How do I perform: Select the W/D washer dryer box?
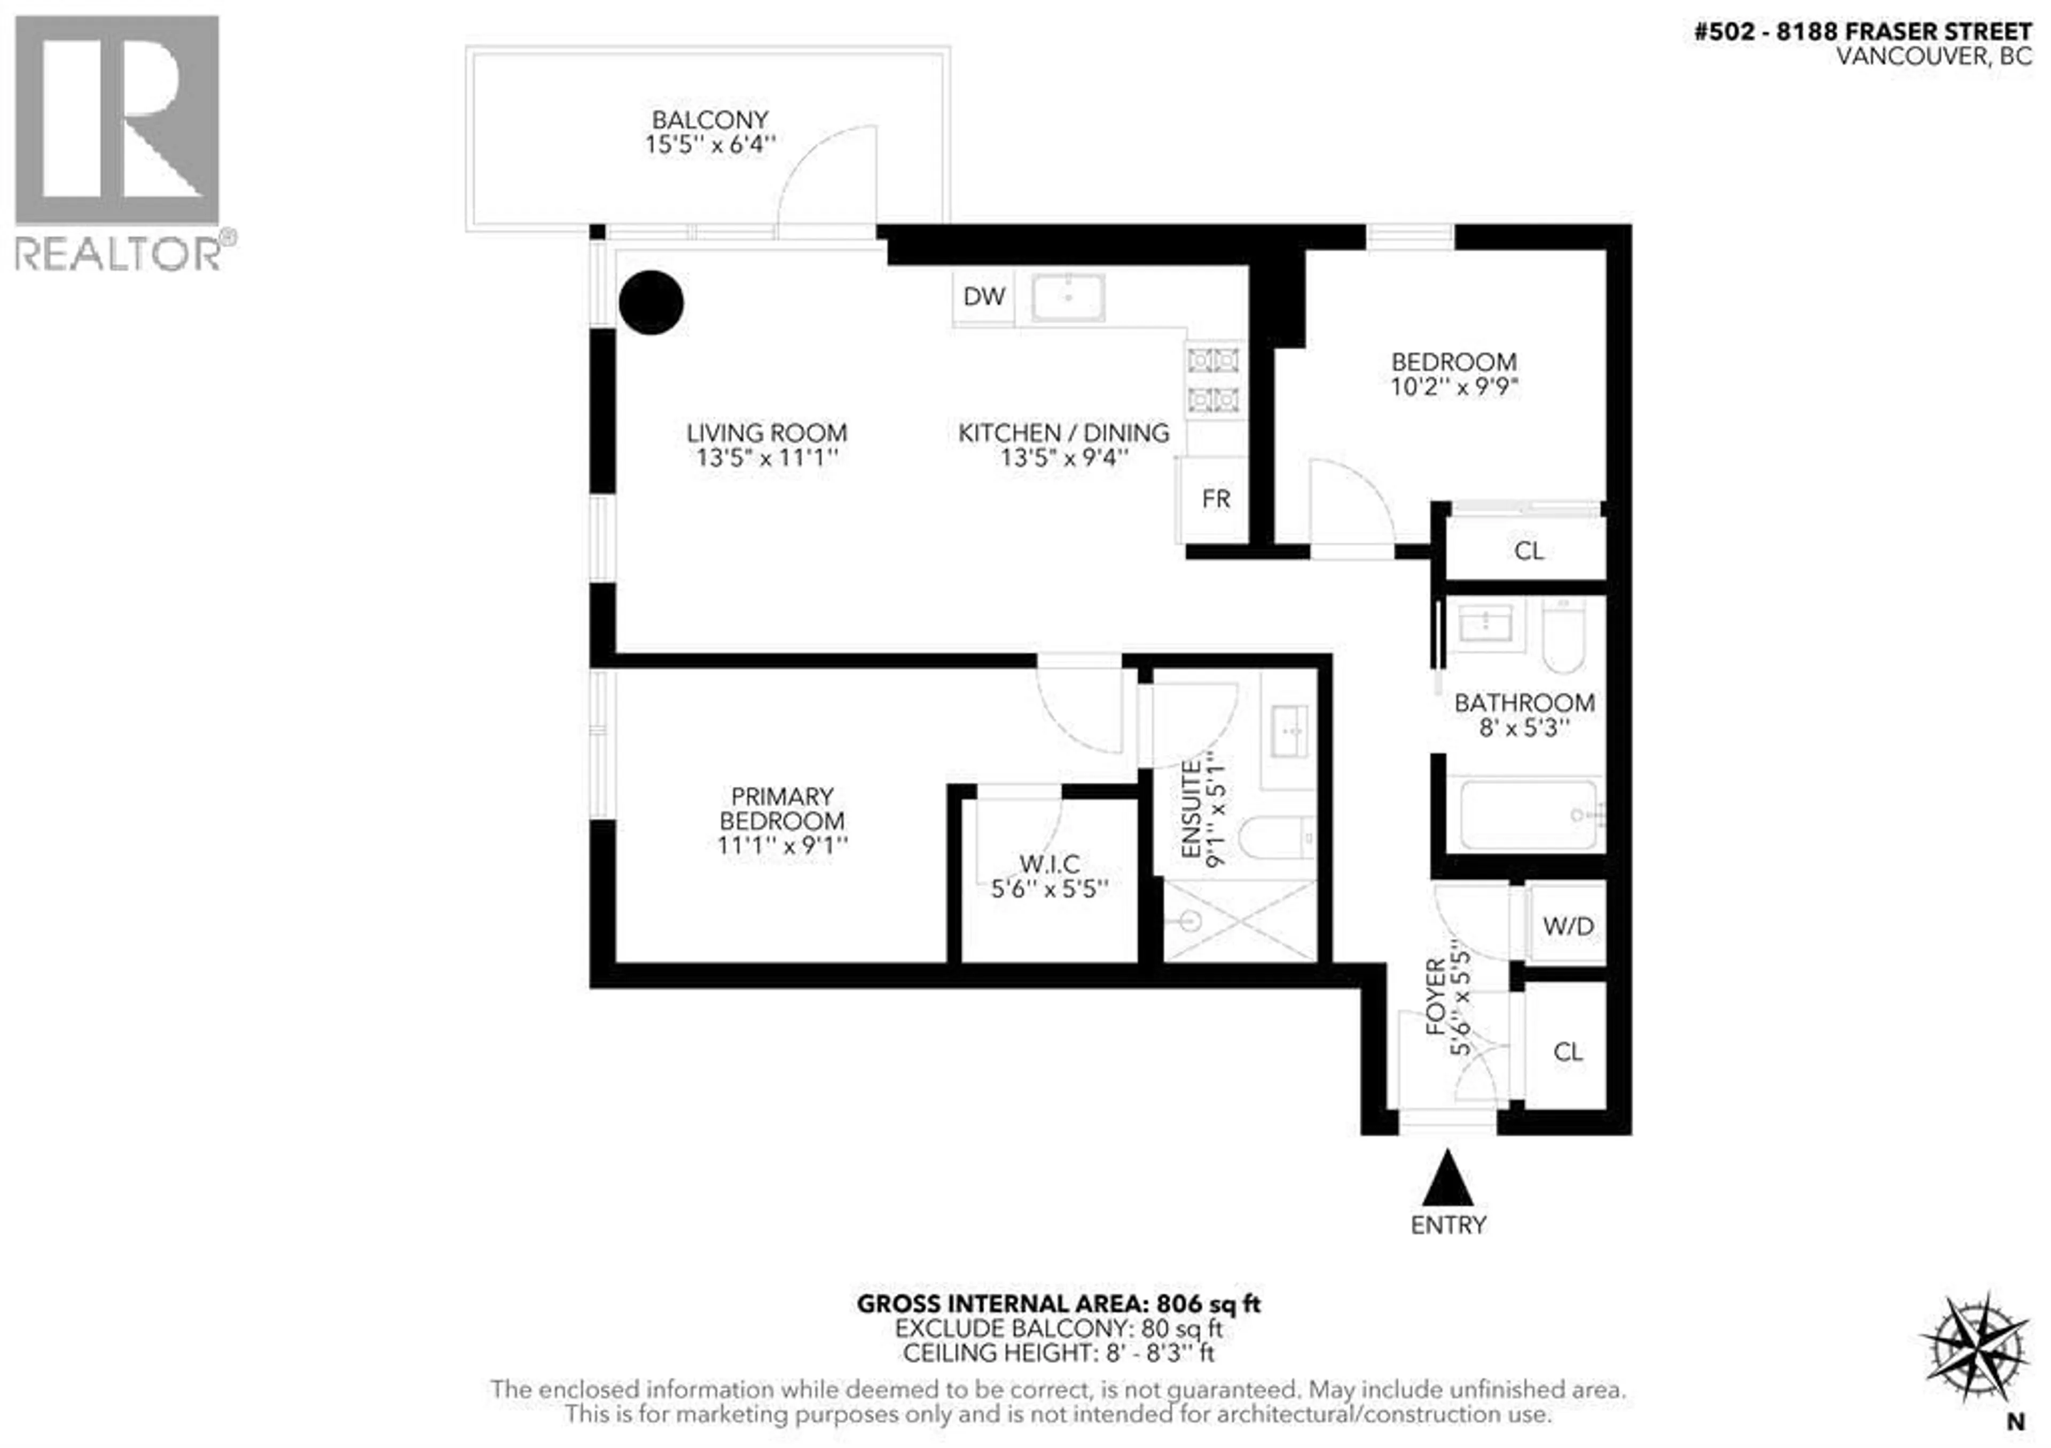click(x=1567, y=926)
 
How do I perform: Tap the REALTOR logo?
click(x=118, y=143)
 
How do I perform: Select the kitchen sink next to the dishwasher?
click(x=1068, y=298)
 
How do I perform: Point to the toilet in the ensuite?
click(x=1275, y=838)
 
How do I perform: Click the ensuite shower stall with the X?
click(x=1240, y=921)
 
